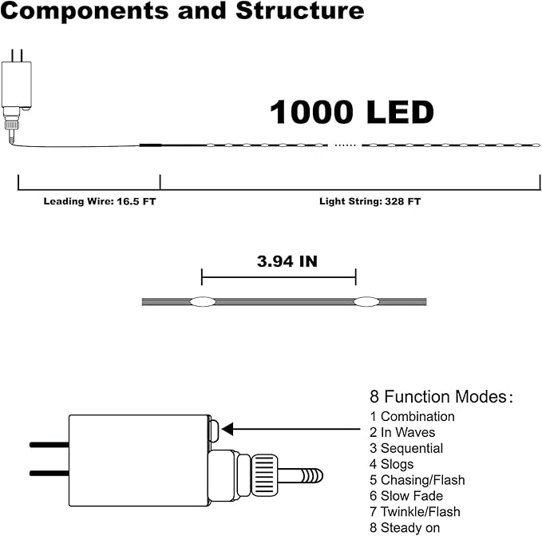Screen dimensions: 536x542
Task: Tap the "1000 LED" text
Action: (x=351, y=113)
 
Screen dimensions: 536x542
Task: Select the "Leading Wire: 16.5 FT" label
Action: (x=100, y=202)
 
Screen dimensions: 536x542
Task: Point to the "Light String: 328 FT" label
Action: (x=370, y=202)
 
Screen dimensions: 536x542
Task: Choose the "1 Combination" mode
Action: (x=412, y=416)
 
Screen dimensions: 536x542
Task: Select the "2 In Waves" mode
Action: (x=402, y=432)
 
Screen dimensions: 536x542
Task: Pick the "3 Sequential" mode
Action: (x=406, y=448)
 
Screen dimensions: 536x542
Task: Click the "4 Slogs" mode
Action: (x=392, y=464)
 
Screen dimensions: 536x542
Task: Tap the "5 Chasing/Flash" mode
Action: (x=417, y=480)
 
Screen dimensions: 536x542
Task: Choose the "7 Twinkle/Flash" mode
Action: (x=415, y=512)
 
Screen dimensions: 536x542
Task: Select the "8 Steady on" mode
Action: (x=405, y=528)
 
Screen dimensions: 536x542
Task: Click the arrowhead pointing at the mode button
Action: (x=227, y=430)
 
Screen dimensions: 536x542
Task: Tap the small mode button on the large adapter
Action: (x=213, y=429)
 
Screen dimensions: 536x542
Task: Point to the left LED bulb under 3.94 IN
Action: (x=201, y=302)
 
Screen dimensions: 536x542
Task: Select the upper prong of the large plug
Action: (x=49, y=443)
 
